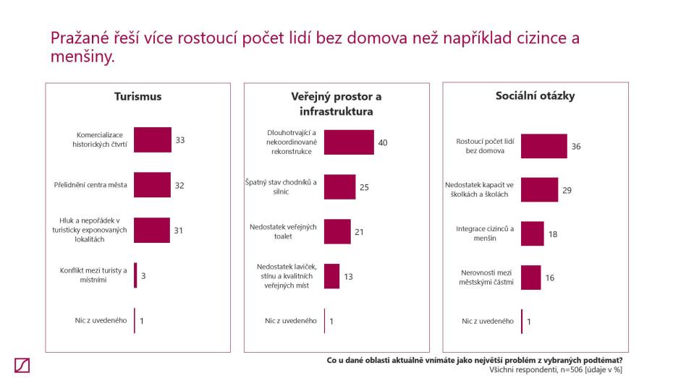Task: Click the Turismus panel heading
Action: (x=137, y=96)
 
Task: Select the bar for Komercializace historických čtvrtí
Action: (x=152, y=139)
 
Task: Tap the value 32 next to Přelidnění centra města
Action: (x=179, y=185)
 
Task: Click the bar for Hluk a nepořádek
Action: (x=151, y=230)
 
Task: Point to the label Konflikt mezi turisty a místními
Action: (x=93, y=275)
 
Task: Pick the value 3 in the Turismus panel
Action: (x=143, y=275)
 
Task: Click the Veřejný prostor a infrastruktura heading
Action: (x=336, y=104)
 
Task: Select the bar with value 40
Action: (x=349, y=142)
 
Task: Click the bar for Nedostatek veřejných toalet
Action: (x=336, y=232)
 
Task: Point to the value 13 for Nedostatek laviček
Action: (x=349, y=276)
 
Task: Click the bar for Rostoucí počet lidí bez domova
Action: (x=543, y=146)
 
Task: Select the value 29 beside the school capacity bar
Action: (x=568, y=190)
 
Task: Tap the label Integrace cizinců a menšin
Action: (x=485, y=233)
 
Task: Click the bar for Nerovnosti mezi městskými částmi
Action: (x=530, y=277)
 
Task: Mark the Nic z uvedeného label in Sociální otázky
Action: (x=488, y=321)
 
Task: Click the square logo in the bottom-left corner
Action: (x=22, y=366)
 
